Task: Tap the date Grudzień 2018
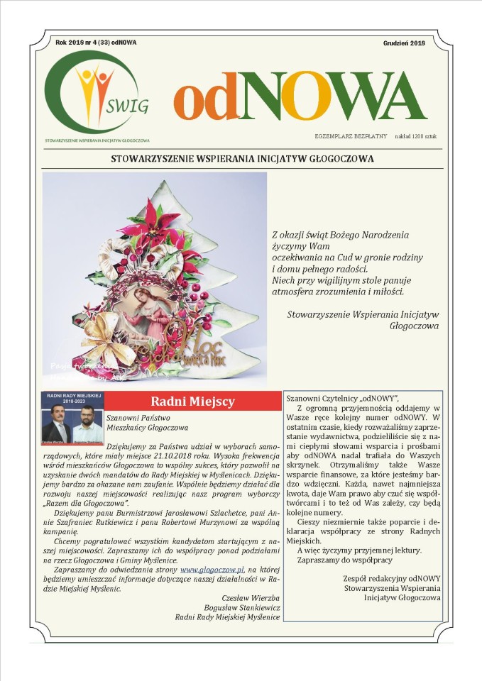coord(404,43)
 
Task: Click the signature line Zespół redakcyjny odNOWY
coord(391,578)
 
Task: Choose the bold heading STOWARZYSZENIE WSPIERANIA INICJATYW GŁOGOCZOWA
coord(242,159)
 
